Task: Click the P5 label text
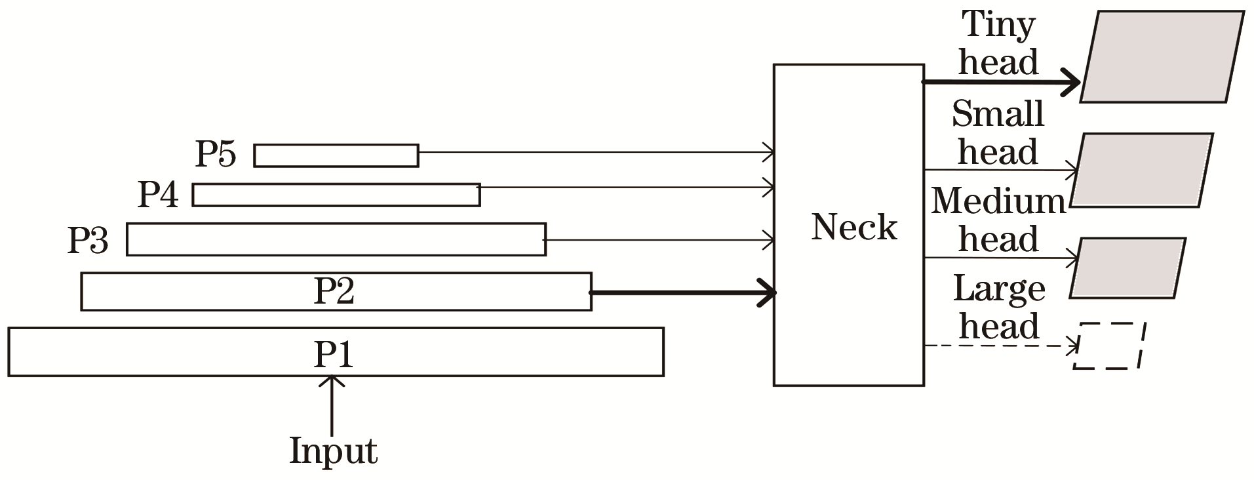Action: [216, 155]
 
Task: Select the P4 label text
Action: [158, 194]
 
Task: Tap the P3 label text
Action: [88, 240]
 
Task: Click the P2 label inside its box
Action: [334, 291]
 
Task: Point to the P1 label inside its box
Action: [334, 354]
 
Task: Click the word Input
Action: [334, 450]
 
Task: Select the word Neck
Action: [854, 227]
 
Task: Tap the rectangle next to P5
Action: [336, 155]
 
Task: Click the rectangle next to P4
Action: [336, 195]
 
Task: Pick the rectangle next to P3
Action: [336, 239]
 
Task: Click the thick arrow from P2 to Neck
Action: [684, 292]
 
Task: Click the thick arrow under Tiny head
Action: [1002, 83]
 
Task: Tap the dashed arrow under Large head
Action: [1002, 345]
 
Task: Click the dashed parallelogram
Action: [1109, 346]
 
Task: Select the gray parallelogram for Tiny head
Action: [1162, 56]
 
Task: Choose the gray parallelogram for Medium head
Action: [1128, 268]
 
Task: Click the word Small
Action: [998, 113]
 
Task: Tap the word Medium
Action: [999, 201]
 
